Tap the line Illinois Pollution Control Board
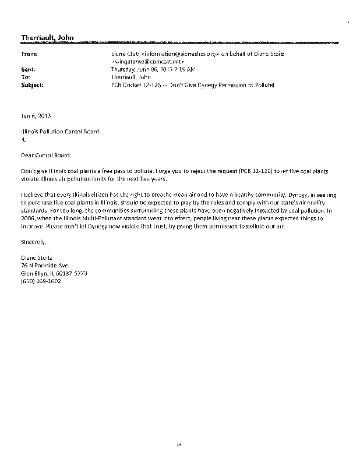60,132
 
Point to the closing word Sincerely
33,241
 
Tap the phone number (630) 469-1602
41,281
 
